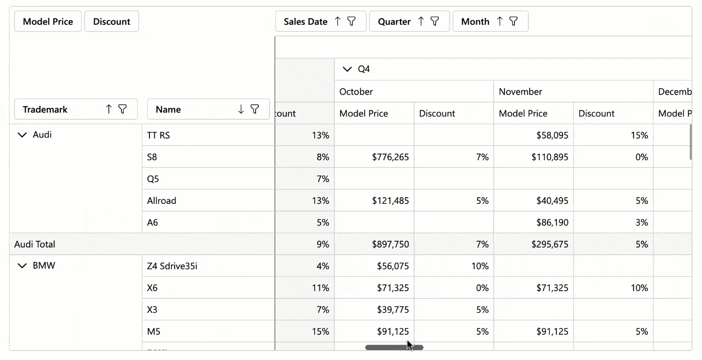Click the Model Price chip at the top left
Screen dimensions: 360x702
(x=48, y=22)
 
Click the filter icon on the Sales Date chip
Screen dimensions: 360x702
(x=352, y=22)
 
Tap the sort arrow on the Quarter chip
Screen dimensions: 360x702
(x=421, y=22)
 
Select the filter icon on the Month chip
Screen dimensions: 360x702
(x=513, y=22)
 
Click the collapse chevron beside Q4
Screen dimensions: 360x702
(x=346, y=69)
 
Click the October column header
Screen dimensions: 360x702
(x=356, y=92)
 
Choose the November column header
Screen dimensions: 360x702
(x=520, y=92)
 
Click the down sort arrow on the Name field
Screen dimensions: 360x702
(x=241, y=109)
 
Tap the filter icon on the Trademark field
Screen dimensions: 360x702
(x=122, y=109)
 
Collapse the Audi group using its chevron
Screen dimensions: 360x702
(x=22, y=135)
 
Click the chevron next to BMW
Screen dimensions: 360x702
(x=22, y=266)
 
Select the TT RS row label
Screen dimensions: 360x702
(x=158, y=135)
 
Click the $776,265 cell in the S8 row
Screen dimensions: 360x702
(x=390, y=157)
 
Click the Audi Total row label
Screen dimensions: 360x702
(x=35, y=244)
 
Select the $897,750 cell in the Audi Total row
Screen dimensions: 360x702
(x=390, y=244)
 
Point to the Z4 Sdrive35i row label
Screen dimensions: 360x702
(x=172, y=266)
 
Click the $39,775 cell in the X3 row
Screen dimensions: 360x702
(x=392, y=310)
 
